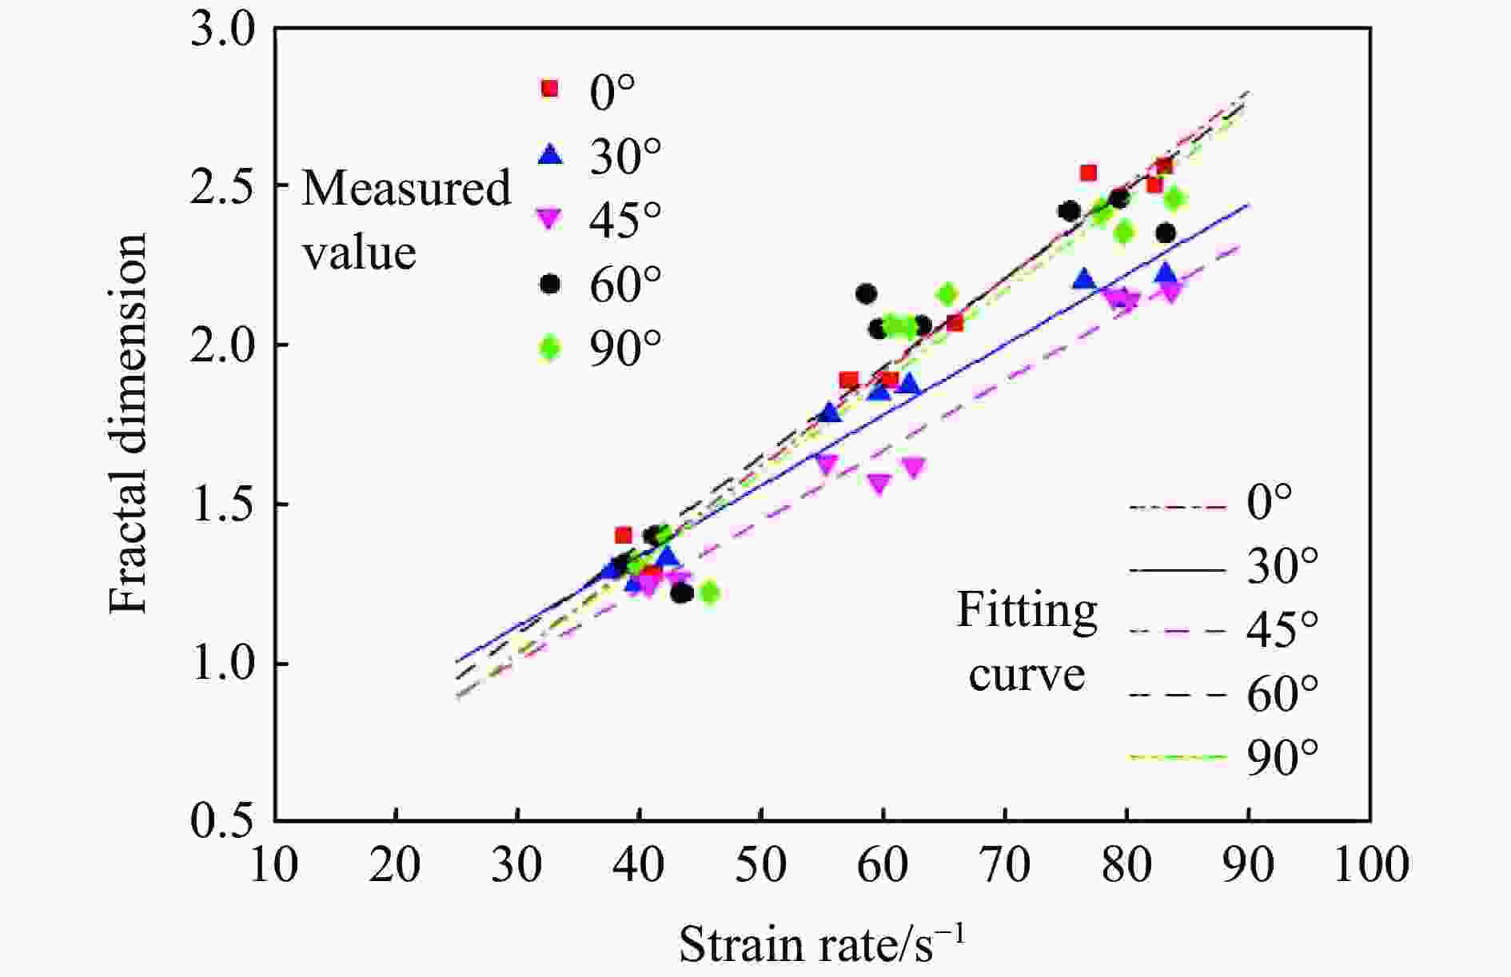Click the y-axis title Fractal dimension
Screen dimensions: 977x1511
(x=129, y=424)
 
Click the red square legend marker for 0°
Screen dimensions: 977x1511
(x=550, y=89)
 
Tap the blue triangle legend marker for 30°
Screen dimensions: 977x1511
(x=550, y=154)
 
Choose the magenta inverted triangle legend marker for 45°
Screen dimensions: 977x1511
(x=550, y=218)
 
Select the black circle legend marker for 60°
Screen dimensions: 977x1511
(x=550, y=284)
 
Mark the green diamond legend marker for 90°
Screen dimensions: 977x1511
(x=550, y=349)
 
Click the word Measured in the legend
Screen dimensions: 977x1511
(x=406, y=189)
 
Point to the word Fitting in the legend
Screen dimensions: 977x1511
(x=1027, y=611)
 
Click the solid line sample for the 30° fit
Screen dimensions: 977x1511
(x=1178, y=570)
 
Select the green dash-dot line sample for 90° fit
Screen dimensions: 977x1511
(x=1178, y=756)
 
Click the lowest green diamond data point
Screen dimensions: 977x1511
(x=709, y=592)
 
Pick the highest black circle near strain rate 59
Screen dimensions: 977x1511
(x=866, y=294)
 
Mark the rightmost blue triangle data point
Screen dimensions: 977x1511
(x=1166, y=273)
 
